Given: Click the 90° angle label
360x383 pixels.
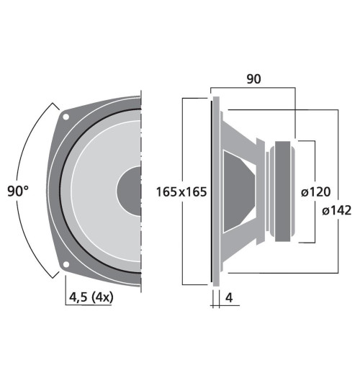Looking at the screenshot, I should pos(18,191).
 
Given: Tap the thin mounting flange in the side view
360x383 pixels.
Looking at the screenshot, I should pos(214,191).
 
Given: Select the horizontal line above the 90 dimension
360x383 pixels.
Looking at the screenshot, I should pos(252,88).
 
